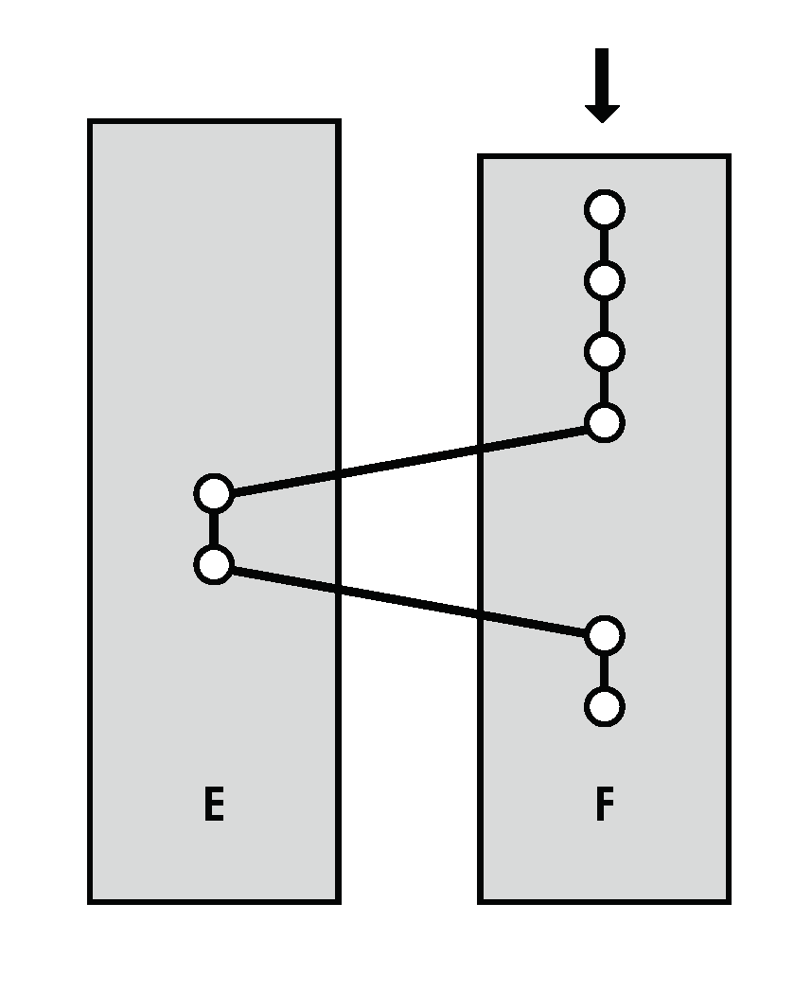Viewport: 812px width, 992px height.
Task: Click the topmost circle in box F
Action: pos(604,209)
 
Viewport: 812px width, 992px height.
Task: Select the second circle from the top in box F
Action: pos(604,280)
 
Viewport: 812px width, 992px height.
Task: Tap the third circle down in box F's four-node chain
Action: pos(604,351)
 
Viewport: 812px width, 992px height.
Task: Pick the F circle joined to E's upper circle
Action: pos(604,422)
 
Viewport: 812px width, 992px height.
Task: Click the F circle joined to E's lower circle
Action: pos(604,636)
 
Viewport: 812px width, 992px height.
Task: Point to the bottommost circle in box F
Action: pos(604,707)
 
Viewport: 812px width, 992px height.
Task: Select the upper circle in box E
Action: pos(214,493)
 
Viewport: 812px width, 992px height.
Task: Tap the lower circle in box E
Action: pos(214,565)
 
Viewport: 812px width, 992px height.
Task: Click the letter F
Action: pos(605,805)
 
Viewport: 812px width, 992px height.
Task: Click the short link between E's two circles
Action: pos(214,529)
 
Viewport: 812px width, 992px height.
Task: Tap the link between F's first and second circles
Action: pos(604,244)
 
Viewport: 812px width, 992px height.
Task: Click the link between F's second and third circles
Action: pos(604,316)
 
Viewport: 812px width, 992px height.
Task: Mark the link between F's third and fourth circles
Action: pos(604,387)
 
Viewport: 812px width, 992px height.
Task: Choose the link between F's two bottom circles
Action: pos(604,672)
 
